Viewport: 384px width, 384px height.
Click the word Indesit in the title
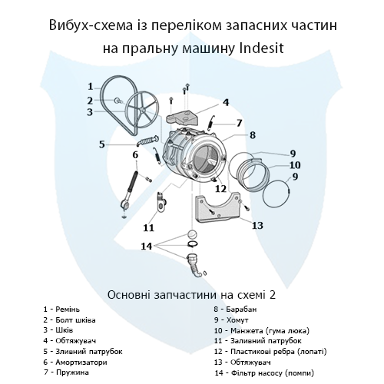point(285,47)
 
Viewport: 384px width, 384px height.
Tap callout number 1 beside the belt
point(90,86)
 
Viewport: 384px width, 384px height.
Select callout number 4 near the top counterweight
point(226,102)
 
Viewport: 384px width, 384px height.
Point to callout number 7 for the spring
point(239,123)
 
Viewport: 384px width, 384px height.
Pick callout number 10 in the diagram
point(294,164)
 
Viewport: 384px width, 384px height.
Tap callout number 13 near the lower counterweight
point(257,225)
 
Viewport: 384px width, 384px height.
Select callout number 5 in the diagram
point(101,144)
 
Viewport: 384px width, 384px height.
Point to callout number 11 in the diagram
point(148,227)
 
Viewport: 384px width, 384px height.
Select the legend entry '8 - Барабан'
point(238,308)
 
